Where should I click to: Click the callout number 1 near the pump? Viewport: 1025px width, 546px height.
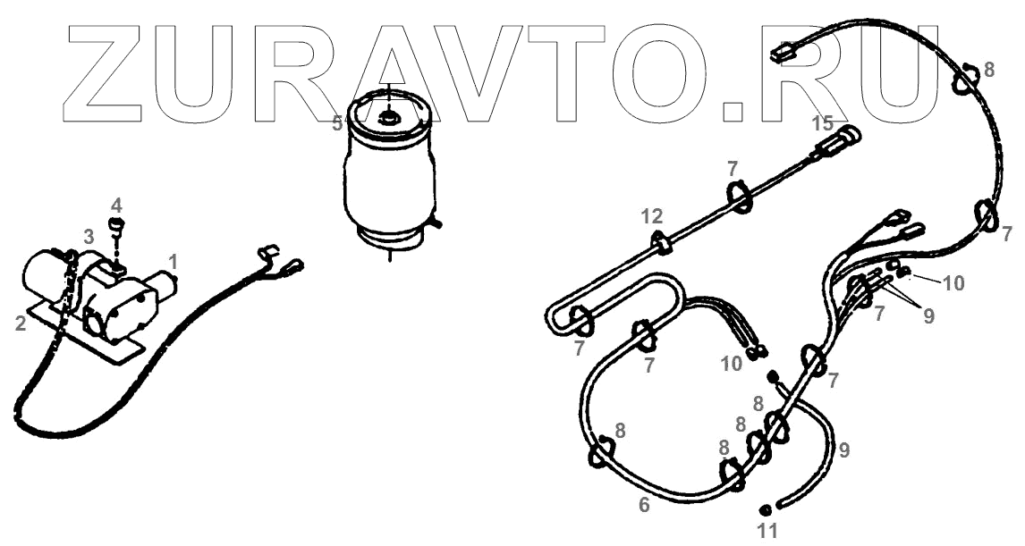pyautogui.click(x=174, y=261)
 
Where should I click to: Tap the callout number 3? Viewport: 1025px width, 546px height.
pyautogui.click(x=88, y=236)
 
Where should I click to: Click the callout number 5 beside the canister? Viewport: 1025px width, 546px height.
pyautogui.click(x=337, y=124)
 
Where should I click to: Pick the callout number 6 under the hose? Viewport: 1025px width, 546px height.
pyautogui.click(x=644, y=504)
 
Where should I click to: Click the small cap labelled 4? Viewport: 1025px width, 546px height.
pyautogui.click(x=115, y=223)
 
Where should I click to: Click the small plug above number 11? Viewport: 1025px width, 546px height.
pyautogui.click(x=766, y=509)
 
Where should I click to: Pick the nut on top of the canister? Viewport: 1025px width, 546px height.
pyautogui.click(x=390, y=115)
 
